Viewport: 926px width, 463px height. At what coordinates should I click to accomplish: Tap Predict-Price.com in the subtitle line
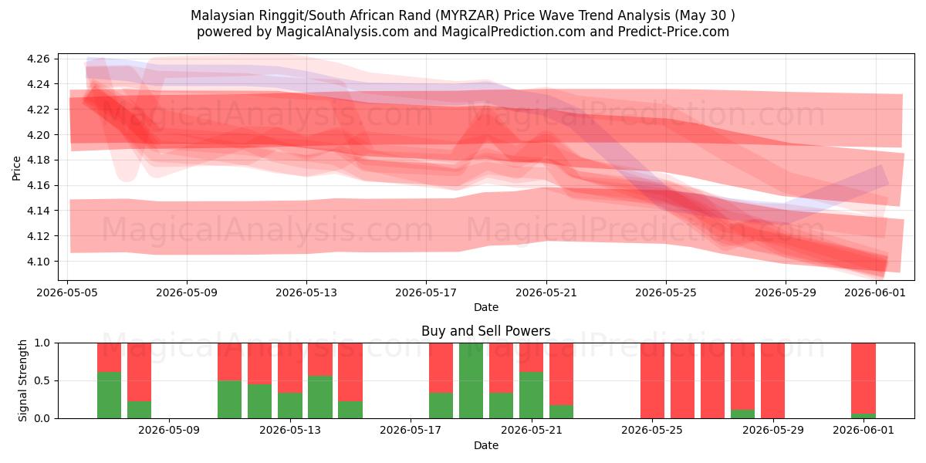coord(674,32)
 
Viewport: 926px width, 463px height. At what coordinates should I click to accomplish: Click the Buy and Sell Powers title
coord(485,331)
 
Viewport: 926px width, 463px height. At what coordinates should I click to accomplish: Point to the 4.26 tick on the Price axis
coord(38,59)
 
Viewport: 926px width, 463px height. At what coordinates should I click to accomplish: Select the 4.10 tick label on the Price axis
coord(38,262)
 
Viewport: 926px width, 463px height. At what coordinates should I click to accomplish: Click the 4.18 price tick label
coord(38,160)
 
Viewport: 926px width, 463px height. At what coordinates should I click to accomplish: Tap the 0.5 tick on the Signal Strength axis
coord(42,380)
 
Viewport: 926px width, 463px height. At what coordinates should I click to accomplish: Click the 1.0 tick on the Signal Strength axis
coord(42,343)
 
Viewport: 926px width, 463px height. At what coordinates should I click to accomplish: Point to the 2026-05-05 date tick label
coord(67,292)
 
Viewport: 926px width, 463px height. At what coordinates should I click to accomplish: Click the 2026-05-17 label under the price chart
coord(426,292)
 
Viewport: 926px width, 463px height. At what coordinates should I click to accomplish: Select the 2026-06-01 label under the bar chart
coord(863,430)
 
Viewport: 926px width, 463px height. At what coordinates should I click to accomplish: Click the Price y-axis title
coord(16,168)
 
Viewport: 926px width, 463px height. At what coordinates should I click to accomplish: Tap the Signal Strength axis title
coord(22,380)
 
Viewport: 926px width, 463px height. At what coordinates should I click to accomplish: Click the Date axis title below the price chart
coord(485,307)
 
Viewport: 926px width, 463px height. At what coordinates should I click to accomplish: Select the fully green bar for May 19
coord(471,380)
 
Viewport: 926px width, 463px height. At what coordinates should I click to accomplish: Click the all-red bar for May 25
coord(652,380)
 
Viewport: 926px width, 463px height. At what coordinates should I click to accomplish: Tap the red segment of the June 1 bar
coord(863,378)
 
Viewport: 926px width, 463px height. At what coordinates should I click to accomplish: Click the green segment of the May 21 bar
coord(531,395)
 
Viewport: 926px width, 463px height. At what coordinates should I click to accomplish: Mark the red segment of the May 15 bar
coord(350,372)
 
